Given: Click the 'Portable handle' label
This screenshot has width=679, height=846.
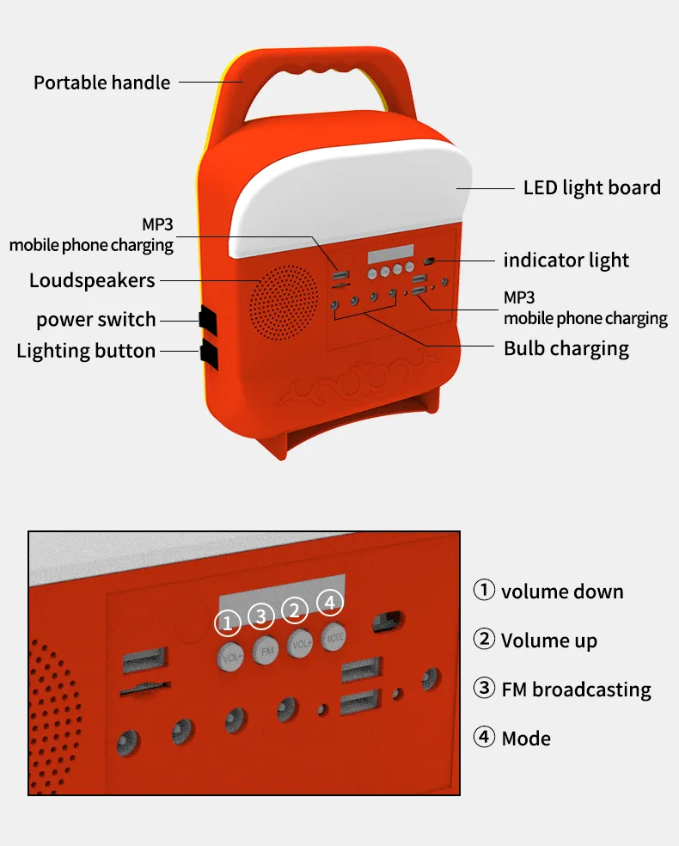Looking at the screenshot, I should point(101,83).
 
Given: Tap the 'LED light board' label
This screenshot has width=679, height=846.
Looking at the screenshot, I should point(591,187).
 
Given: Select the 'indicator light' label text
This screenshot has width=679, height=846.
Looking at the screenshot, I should point(566,261).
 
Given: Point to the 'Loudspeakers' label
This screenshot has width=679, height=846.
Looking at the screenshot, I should point(92,280).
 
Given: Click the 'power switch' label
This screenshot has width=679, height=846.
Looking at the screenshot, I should point(95,320).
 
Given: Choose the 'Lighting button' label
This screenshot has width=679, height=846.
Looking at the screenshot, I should point(86,351).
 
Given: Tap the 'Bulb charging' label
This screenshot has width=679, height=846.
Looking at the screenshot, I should point(566,349).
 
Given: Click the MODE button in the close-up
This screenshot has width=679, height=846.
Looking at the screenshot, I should point(334,637).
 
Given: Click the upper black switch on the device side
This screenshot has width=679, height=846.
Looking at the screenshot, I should point(207,318).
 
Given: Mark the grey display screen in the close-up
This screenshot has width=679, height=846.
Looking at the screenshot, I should point(281,592).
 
